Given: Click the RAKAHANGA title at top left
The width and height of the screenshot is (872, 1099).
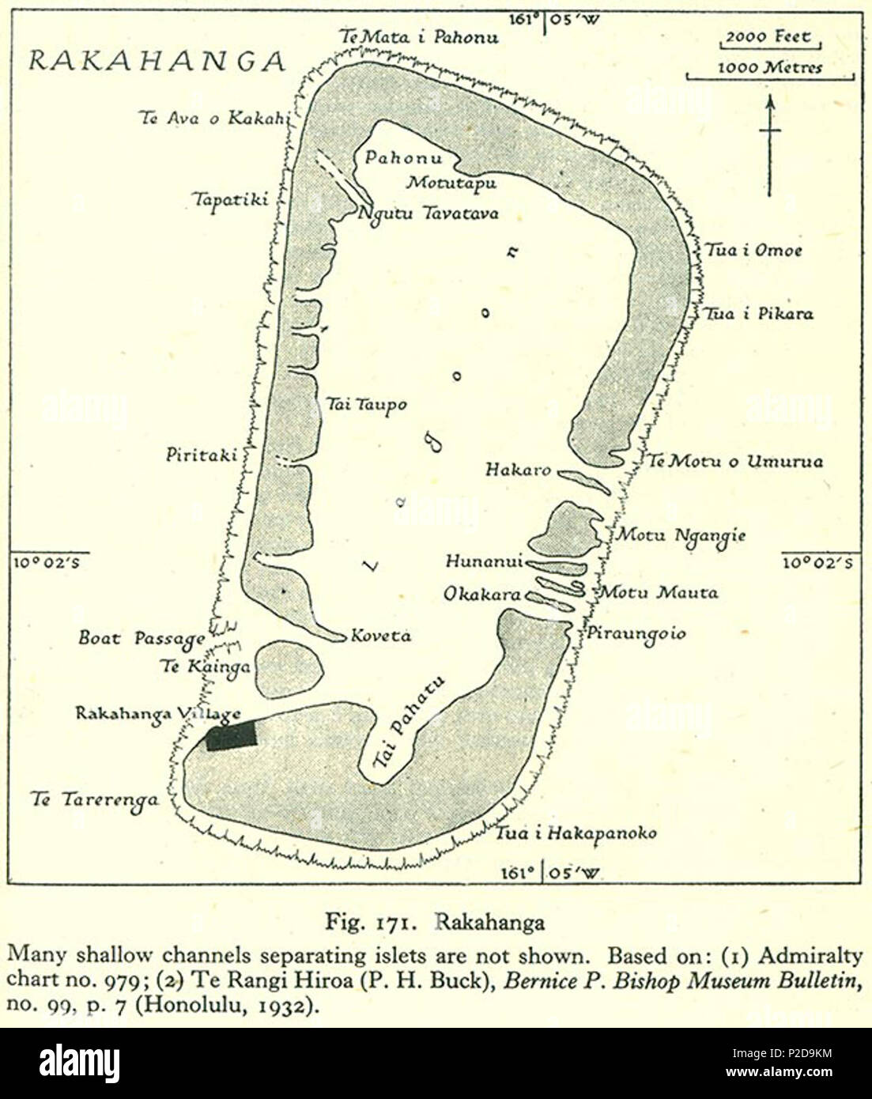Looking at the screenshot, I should coord(157,61).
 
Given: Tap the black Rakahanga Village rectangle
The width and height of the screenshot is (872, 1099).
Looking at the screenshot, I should coord(232,736).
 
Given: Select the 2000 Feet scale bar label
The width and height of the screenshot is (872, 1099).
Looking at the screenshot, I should coord(768,37).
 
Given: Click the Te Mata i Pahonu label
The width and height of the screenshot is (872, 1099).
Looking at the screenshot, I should coord(419,36).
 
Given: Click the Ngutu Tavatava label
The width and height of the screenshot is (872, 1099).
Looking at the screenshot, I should coord(428,213).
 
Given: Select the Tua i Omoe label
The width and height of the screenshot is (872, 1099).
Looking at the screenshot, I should coord(753,251).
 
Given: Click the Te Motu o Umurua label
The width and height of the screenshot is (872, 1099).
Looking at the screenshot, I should coord(735,461).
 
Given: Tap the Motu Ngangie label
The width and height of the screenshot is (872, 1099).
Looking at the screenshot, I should coord(681,536).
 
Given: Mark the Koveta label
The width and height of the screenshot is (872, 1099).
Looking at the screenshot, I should coord(380,636).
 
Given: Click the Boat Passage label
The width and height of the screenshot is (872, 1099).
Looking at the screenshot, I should coord(142,638).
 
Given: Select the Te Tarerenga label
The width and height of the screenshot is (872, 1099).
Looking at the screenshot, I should coord(94,799).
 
